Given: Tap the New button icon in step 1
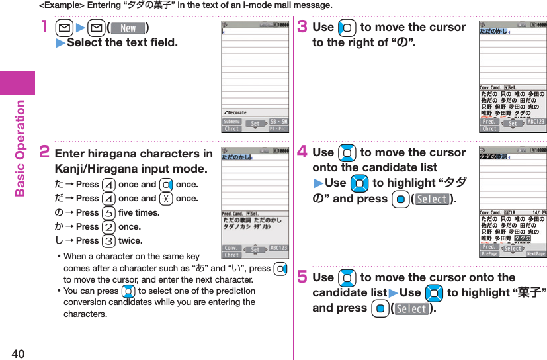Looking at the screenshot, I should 128,28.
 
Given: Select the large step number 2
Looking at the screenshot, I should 44,154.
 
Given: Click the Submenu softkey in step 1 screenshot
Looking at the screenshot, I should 232,122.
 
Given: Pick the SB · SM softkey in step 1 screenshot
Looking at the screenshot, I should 278,122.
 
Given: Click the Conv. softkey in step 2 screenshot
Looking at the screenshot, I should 231,247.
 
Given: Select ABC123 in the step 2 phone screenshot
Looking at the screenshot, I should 278,248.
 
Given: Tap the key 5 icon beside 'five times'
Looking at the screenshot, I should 108,213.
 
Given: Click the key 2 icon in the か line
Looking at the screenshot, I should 108,227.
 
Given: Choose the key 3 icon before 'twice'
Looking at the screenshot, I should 108,241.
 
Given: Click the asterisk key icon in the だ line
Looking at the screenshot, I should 166,199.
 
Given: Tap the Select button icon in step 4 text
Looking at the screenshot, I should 431,199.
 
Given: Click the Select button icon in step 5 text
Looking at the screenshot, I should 411,309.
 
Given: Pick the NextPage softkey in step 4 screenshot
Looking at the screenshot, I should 536,254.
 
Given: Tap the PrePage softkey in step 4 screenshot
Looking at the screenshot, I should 489,254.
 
